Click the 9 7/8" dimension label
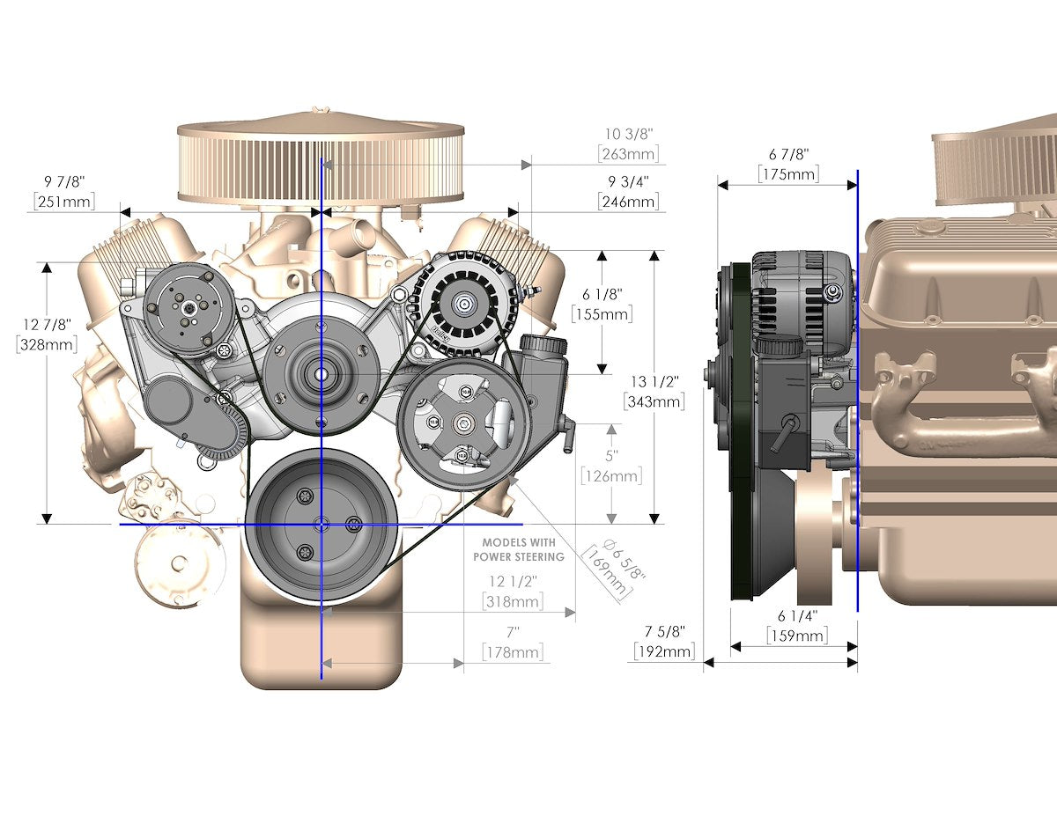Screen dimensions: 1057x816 (x=64, y=181)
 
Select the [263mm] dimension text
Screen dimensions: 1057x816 (x=628, y=154)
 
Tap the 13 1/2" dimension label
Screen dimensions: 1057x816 (x=654, y=381)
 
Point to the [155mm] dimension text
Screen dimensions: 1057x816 (x=602, y=314)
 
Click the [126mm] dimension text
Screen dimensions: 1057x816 (x=611, y=476)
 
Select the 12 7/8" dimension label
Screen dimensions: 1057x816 (x=48, y=324)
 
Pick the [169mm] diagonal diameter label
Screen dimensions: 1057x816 (x=608, y=573)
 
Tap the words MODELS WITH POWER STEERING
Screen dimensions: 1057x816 (x=519, y=549)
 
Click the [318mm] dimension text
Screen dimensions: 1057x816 (x=513, y=602)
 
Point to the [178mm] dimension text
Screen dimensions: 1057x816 (x=513, y=652)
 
